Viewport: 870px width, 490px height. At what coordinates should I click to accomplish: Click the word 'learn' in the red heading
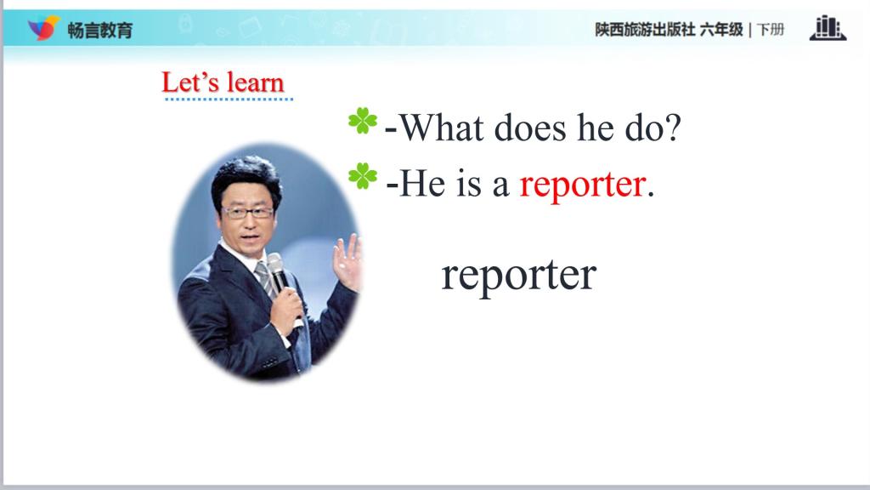(x=256, y=83)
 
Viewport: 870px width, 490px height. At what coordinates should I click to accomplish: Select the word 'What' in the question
(x=441, y=128)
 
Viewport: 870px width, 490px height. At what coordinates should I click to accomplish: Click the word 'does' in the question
(x=530, y=128)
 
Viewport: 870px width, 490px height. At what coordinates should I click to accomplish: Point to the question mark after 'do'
(x=673, y=128)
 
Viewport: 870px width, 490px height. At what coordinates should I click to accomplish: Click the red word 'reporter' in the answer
(x=583, y=185)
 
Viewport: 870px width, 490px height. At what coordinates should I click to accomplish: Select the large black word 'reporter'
(x=519, y=276)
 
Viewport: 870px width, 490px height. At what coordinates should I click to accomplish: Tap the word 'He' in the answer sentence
(x=422, y=184)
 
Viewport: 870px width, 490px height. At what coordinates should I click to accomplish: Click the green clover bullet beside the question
(x=363, y=121)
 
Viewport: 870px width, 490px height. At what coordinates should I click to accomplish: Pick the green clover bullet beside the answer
(x=363, y=176)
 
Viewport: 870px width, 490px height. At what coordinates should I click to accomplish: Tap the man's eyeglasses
(x=247, y=212)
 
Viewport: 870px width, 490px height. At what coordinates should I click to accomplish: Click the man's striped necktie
(x=265, y=278)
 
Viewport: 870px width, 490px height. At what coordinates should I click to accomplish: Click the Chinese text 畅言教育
(x=100, y=30)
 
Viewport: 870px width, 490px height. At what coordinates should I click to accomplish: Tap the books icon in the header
(x=828, y=28)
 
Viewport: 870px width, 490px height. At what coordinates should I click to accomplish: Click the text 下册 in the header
(x=770, y=30)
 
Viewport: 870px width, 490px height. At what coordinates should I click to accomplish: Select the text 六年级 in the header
(x=721, y=30)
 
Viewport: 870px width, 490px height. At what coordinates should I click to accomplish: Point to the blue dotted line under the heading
(x=229, y=100)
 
